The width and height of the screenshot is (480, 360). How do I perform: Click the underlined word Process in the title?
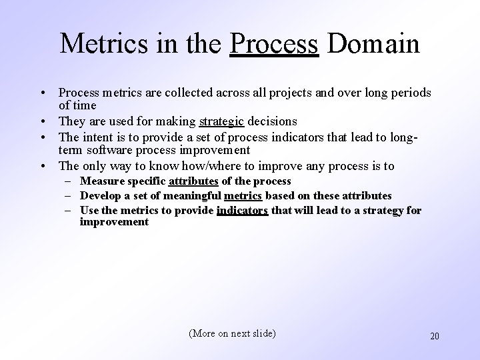(274, 44)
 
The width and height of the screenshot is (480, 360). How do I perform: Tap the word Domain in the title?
(373, 44)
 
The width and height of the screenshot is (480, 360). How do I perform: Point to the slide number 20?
(434, 336)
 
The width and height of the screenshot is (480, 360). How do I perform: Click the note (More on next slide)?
(232, 333)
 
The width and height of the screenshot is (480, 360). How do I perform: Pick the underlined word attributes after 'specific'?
(193, 181)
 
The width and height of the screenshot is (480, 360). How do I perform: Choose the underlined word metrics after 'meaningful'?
(243, 196)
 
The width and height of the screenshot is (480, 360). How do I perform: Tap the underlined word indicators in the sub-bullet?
(243, 211)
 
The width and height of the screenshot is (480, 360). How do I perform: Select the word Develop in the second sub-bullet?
(100, 196)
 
